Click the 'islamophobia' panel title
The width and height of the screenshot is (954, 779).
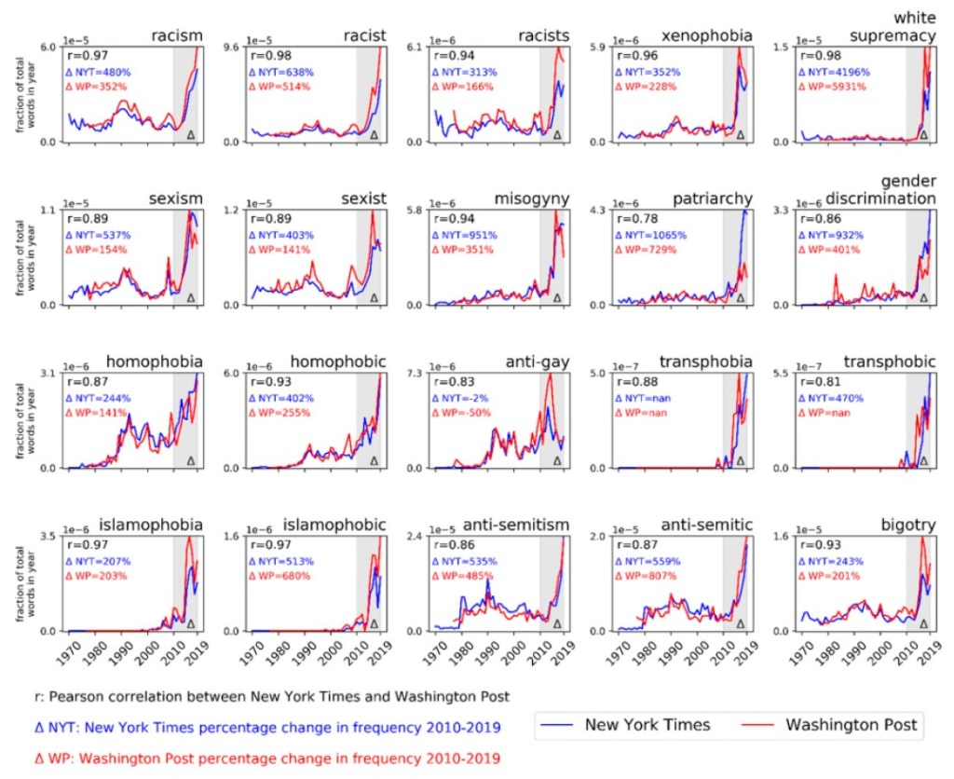point(152,526)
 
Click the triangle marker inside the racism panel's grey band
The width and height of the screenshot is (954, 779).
point(191,134)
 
